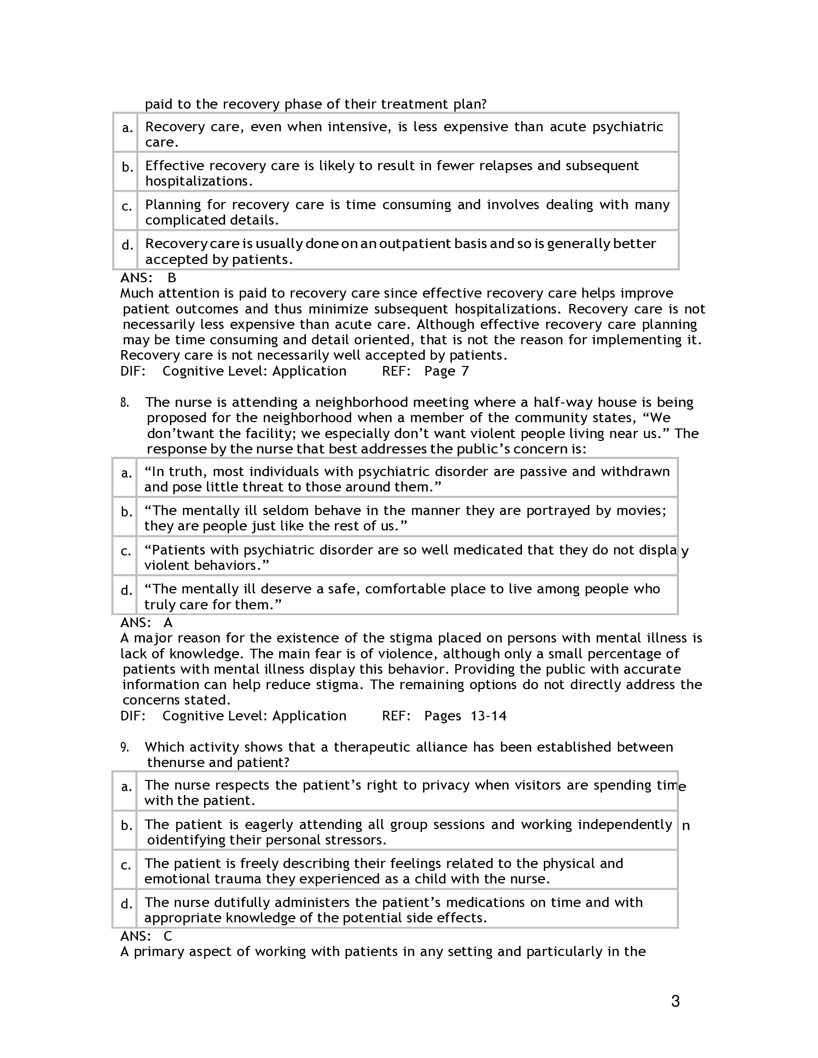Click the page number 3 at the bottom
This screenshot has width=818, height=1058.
point(675,1001)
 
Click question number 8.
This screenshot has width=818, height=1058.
point(125,403)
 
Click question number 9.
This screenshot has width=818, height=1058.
point(125,747)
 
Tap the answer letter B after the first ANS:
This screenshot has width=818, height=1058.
point(172,278)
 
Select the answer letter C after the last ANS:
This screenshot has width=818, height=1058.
point(167,936)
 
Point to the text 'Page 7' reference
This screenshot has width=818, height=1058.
point(447,371)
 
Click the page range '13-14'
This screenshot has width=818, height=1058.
point(488,716)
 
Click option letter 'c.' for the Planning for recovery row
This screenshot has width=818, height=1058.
point(127,207)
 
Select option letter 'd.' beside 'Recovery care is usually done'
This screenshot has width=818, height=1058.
point(127,246)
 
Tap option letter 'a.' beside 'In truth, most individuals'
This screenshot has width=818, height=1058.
point(127,473)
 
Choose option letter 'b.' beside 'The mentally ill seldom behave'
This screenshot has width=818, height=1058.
point(127,512)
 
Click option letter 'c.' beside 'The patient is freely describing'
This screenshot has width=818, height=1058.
point(126,865)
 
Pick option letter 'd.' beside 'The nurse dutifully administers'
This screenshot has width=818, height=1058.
point(126,904)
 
